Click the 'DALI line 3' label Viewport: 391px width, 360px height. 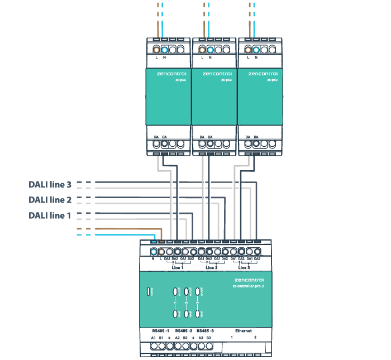(x=50, y=184)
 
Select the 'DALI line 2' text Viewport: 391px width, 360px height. (x=50, y=200)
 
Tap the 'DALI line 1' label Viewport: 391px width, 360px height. (x=50, y=215)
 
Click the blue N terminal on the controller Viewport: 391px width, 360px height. (x=153, y=252)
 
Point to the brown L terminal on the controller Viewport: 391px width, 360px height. (x=161, y=252)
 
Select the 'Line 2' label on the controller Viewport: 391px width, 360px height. (x=211, y=268)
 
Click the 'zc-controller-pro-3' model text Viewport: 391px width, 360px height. (x=248, y=285)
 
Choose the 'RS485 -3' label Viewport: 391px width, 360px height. (x=205, y=331)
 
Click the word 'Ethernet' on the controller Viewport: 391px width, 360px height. (x=244, y=331)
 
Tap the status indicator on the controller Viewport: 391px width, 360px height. (x=147, y=291)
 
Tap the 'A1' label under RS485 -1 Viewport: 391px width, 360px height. (x=153, y=338)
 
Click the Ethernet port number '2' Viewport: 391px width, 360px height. (x=255, y=338)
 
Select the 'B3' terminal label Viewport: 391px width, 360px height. (x=208, y=338)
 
